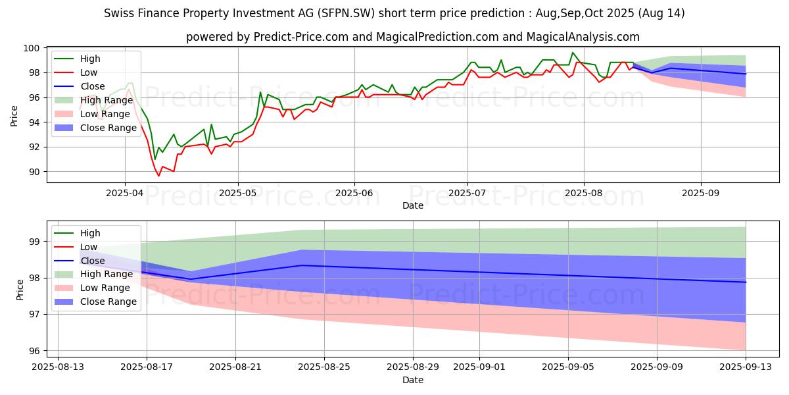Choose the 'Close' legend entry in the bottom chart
coord(92,261)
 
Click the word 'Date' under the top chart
coord(412,206)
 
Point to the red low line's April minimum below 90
coord(158,176)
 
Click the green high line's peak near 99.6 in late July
coord(573,53)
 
